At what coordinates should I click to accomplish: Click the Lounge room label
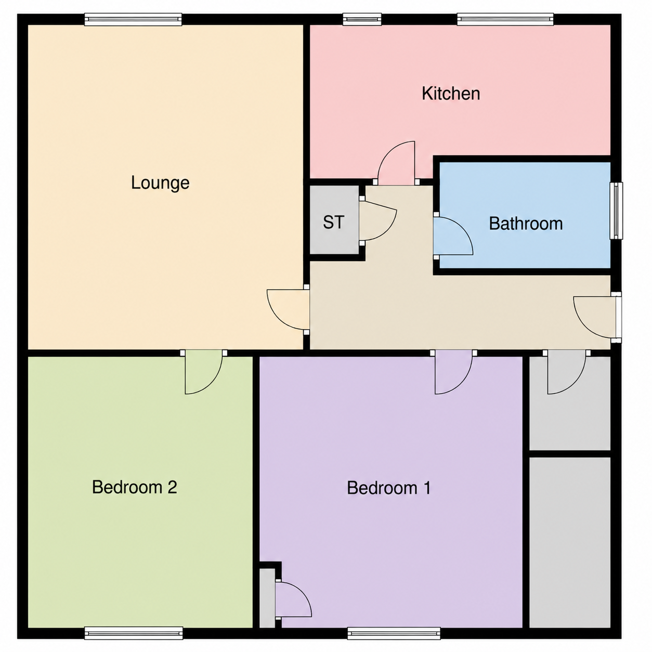[160, 183]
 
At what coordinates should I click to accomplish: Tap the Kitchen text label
[450, 94]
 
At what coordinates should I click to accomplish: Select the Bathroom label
[526, 224]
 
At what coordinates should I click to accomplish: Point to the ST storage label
[334, 223]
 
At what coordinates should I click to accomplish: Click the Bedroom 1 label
[389, 488]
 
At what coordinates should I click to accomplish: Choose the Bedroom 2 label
[135, 487]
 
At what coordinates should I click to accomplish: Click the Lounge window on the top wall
[133, 19]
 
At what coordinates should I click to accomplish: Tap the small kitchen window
[362, 19]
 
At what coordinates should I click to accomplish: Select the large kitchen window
[505, 19]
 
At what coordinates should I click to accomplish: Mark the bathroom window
[616, 211]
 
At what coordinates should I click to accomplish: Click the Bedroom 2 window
[134, 633]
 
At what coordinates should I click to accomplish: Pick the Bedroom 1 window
[394, 633]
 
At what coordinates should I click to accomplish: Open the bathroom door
[453, 236]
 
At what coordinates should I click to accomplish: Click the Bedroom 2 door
[204, 372]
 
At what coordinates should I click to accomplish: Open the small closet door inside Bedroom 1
[293, 599]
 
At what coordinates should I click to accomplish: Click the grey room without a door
[570, 542]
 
